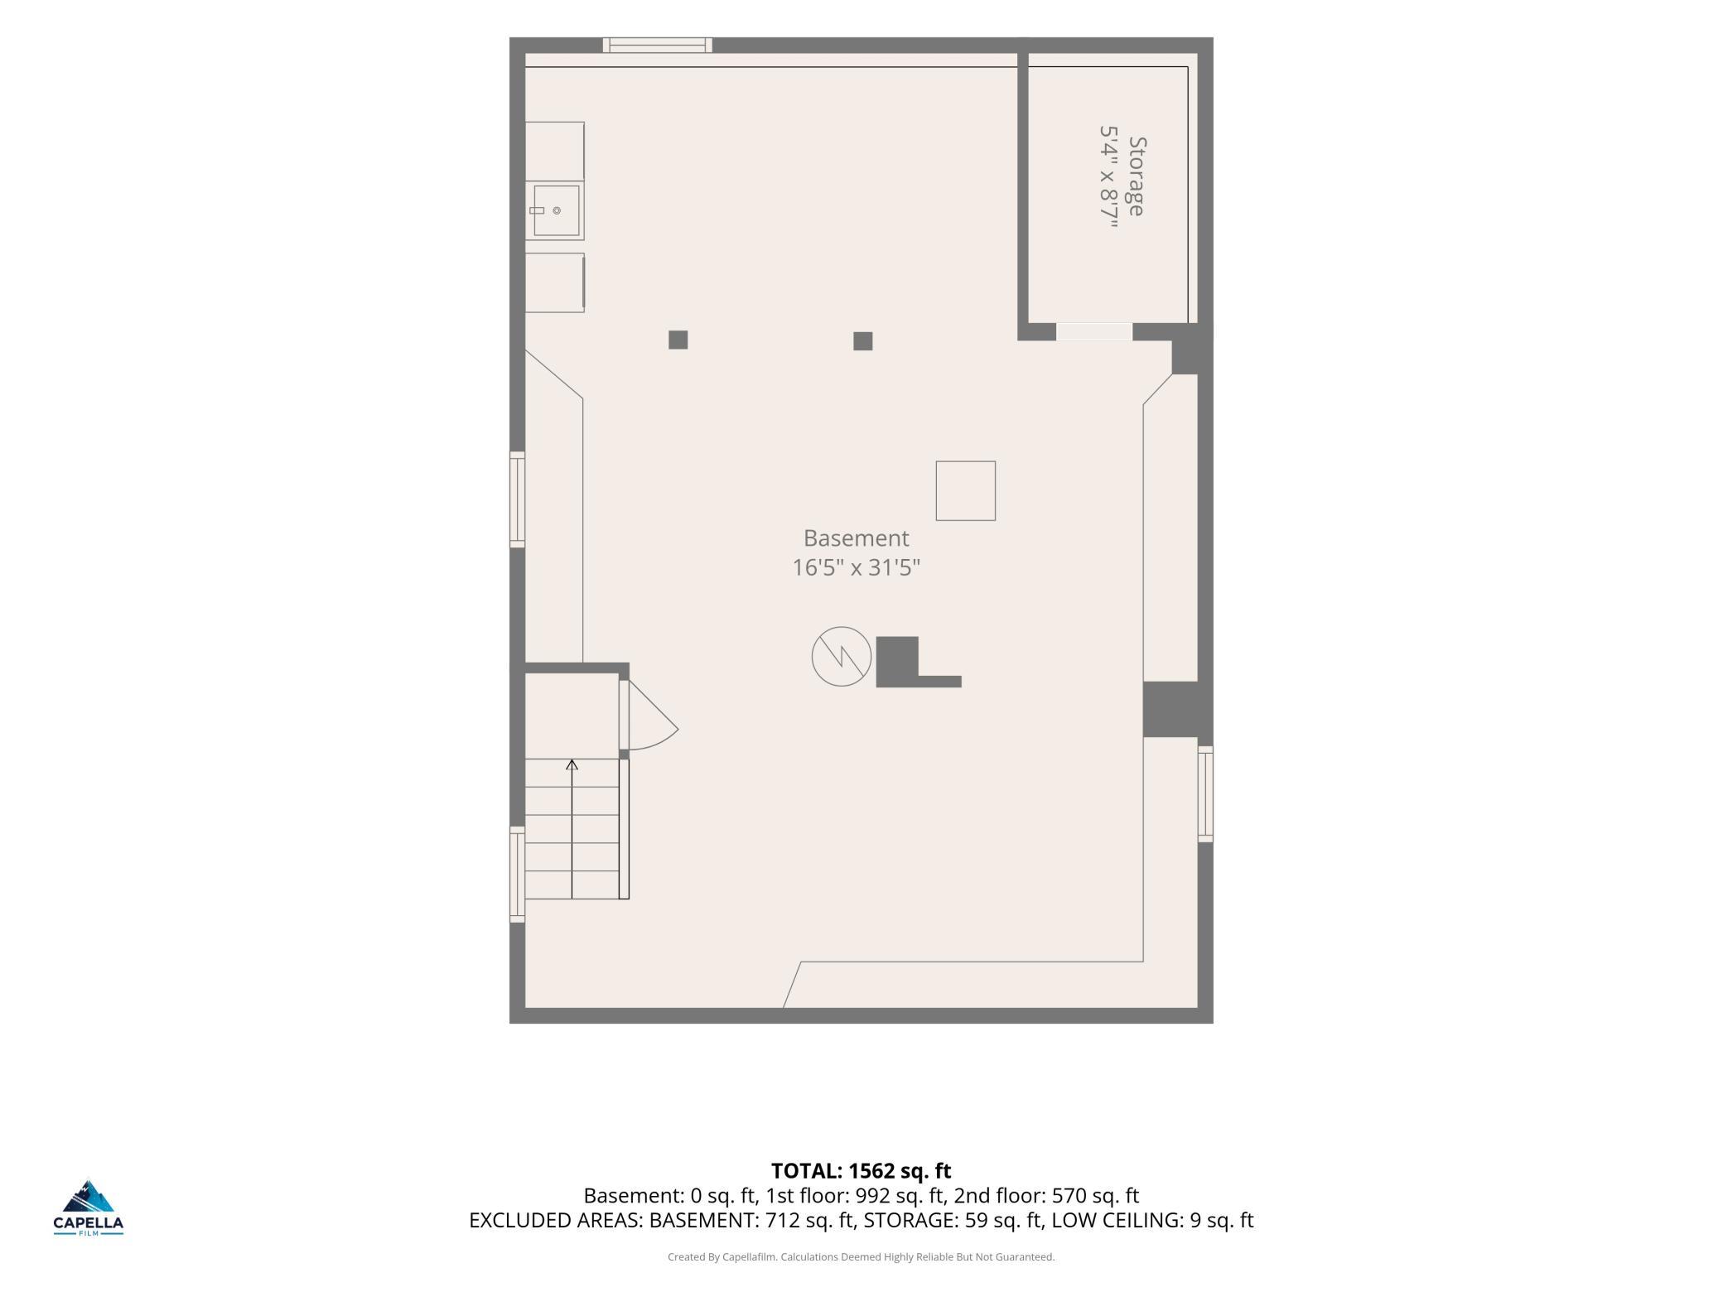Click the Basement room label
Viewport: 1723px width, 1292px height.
pos(856,538)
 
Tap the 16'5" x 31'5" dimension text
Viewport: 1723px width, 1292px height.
pos(856,567)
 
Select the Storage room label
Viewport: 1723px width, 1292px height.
pos(1137,176)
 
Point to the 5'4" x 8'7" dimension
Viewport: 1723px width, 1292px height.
pos(1108,176)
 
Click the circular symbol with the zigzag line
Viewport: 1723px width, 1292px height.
pos(841,656)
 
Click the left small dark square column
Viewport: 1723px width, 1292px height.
pos(678,340)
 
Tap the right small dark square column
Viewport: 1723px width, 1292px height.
pos(862,341)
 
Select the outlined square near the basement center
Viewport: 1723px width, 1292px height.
pos(965,491)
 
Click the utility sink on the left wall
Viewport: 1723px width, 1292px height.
pos(555,210)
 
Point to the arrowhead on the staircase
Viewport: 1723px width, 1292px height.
pos(572,764)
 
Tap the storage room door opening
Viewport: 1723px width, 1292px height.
pos(1094,331)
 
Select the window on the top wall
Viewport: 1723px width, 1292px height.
pos(657,45)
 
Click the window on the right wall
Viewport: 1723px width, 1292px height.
pos(1205,793)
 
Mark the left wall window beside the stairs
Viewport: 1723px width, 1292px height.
pos(517,874)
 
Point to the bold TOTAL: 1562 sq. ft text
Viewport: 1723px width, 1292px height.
pos(861,1171)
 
